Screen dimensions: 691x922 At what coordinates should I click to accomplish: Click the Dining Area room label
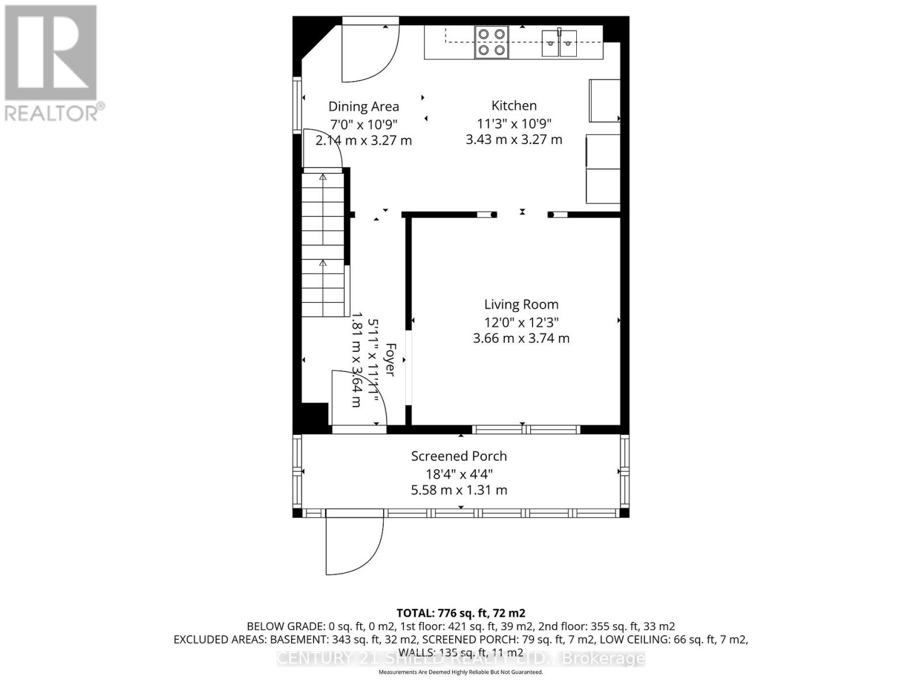[x=364, y=107]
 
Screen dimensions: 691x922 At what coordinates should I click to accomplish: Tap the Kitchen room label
[x=514, y=105]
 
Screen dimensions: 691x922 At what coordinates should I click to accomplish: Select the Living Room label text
[x=521, y=305]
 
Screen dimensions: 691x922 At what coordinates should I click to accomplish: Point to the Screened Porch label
[x=459, y=456]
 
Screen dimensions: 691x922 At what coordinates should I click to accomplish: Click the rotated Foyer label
[x=390, y=360]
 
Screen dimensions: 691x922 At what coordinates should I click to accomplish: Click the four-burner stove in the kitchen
[x=492, y=42]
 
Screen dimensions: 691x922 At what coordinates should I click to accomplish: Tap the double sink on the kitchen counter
[x=559, y=43]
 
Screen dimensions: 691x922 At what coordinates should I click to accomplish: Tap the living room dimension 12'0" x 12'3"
[x=521, y=322]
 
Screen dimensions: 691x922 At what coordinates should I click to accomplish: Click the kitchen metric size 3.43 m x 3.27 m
[x=514, y=139]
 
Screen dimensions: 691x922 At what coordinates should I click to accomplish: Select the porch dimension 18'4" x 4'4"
[x=459, y=474]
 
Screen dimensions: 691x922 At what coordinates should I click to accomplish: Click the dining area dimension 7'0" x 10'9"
[x=364, y=124]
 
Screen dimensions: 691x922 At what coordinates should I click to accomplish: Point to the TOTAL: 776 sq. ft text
[x=460, y=613]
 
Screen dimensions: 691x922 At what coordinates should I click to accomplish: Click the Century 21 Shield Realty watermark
[x=460, y=658]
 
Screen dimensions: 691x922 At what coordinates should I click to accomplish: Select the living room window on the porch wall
[x=526, y=430]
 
